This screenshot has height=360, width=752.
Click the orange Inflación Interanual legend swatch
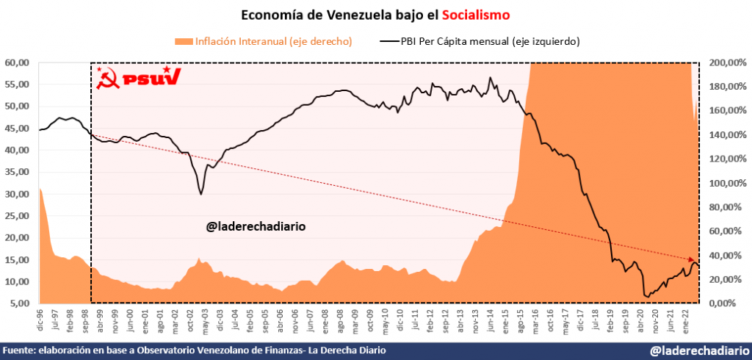pos(183,42)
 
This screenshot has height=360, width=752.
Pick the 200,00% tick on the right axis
pos(725,62)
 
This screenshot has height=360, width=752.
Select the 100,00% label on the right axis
pos(725,183)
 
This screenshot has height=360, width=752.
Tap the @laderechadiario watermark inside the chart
pos(255,226)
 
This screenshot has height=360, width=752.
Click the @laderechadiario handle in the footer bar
pos(698,351)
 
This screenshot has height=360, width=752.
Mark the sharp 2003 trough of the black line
pos(200,194)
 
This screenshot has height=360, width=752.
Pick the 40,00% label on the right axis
pos(725,255)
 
